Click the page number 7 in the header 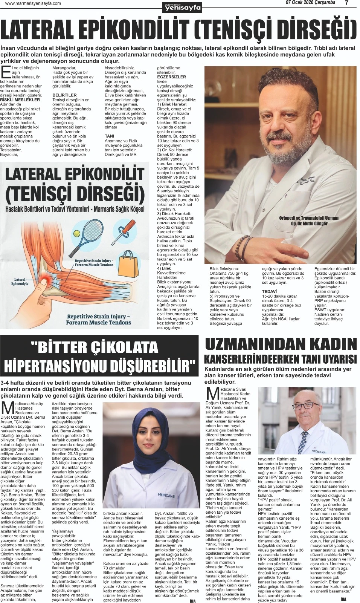[346, 3]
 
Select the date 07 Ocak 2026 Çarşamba [310, 3]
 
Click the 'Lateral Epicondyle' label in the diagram [20, 282]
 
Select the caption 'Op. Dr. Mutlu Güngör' [309, 223]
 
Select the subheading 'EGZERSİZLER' [171, 77]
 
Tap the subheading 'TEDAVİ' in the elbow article [269, 291]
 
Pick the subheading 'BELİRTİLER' [64, 95]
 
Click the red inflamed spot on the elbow [44, 280]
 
